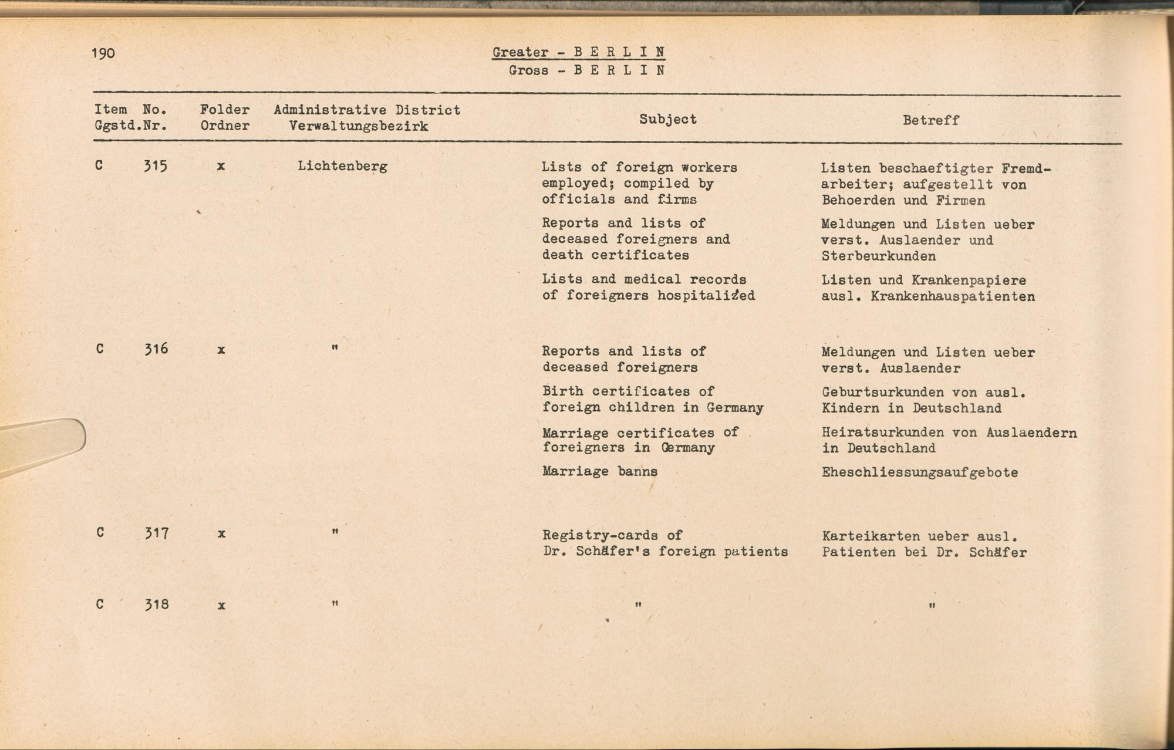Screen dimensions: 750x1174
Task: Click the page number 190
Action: pyautogui.click(x=103, y=53)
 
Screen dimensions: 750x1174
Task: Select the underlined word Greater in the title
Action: pyautogui.click(x=520, y=52)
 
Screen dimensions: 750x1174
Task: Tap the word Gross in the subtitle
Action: pyautogui.click(x=528, y=70)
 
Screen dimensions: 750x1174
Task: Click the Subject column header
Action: pyautogui.click(x=668, y=119)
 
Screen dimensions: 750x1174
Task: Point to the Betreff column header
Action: pyautogui.click(x=930, y=120)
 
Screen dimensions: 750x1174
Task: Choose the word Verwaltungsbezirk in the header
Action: pyautogui.click(x=358, y=126)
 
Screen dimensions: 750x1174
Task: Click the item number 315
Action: pyautogui.click(x=156, y=166)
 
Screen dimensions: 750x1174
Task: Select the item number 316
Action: pyautogui.click(x=156, y=349)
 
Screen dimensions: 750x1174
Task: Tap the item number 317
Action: pyautogui.click(x=157, y=533)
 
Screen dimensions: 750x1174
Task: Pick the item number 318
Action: pyautogui.click(x=157, y=604)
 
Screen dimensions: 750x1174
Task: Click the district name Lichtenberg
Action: pyautogui.click(x=342, y=166)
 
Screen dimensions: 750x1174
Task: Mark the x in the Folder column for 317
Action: pyautogui.click(x=221, y=534)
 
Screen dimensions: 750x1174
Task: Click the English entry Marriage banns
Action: pyautogui.click(x=599, y=471)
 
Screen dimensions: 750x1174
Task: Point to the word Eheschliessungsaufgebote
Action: pyautogui.click(x=920, y=472)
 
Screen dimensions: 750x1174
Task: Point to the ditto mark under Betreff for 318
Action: pyautogui.click(x=932, y=606)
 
